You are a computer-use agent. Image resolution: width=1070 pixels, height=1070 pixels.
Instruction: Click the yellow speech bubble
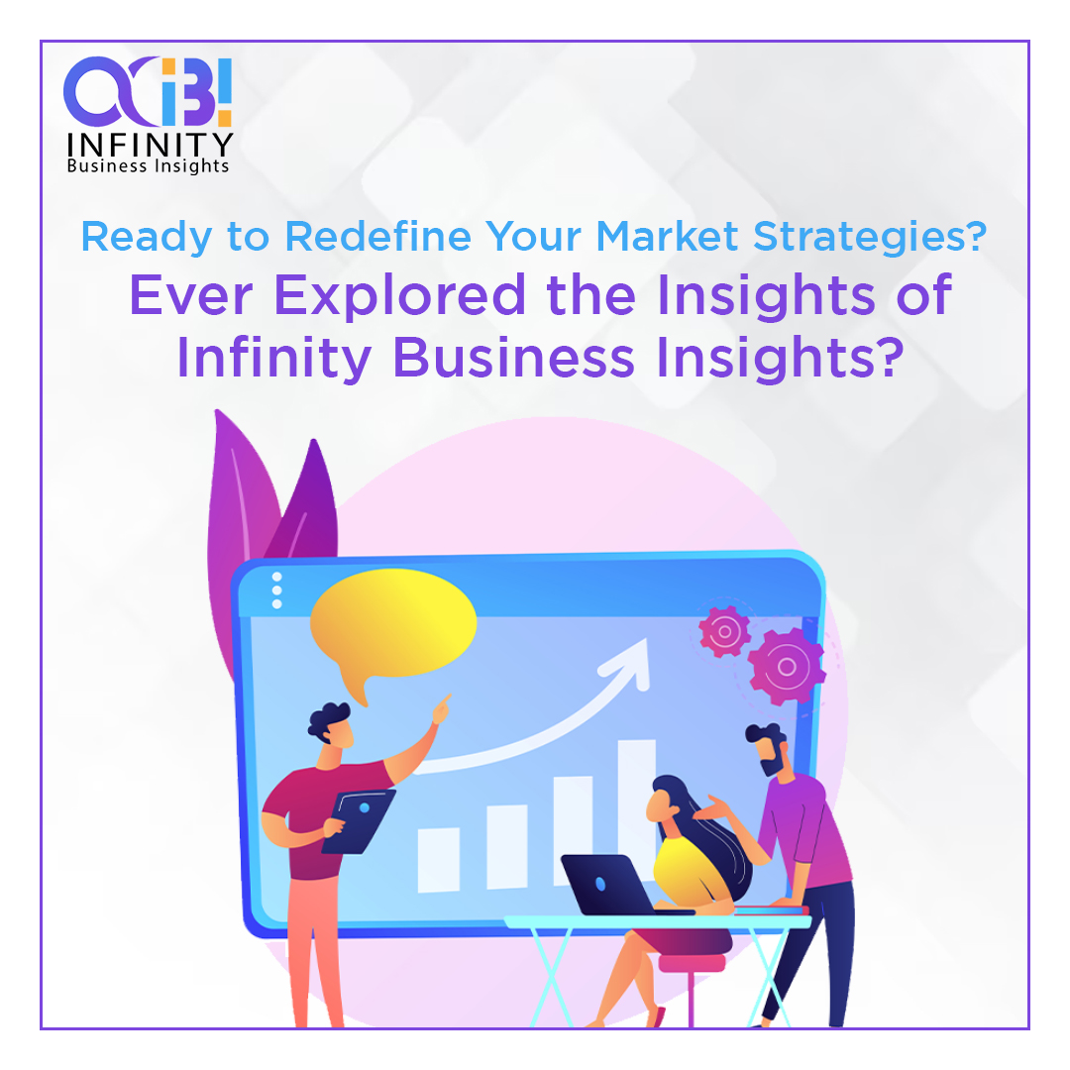pyautogui.click(x=393, y=621)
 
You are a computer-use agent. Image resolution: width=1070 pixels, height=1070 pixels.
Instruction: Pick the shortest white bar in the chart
pyautogui.click(x=438, y=858)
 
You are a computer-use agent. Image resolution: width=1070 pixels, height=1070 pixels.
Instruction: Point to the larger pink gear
pyautogui.click(x=787, y=667)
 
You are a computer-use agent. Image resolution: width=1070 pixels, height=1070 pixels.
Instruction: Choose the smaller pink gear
pyautogui.click(x=724, y=630)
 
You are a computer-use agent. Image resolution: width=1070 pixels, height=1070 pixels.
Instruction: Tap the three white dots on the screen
pyautogui.click(x=276, y=590)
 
